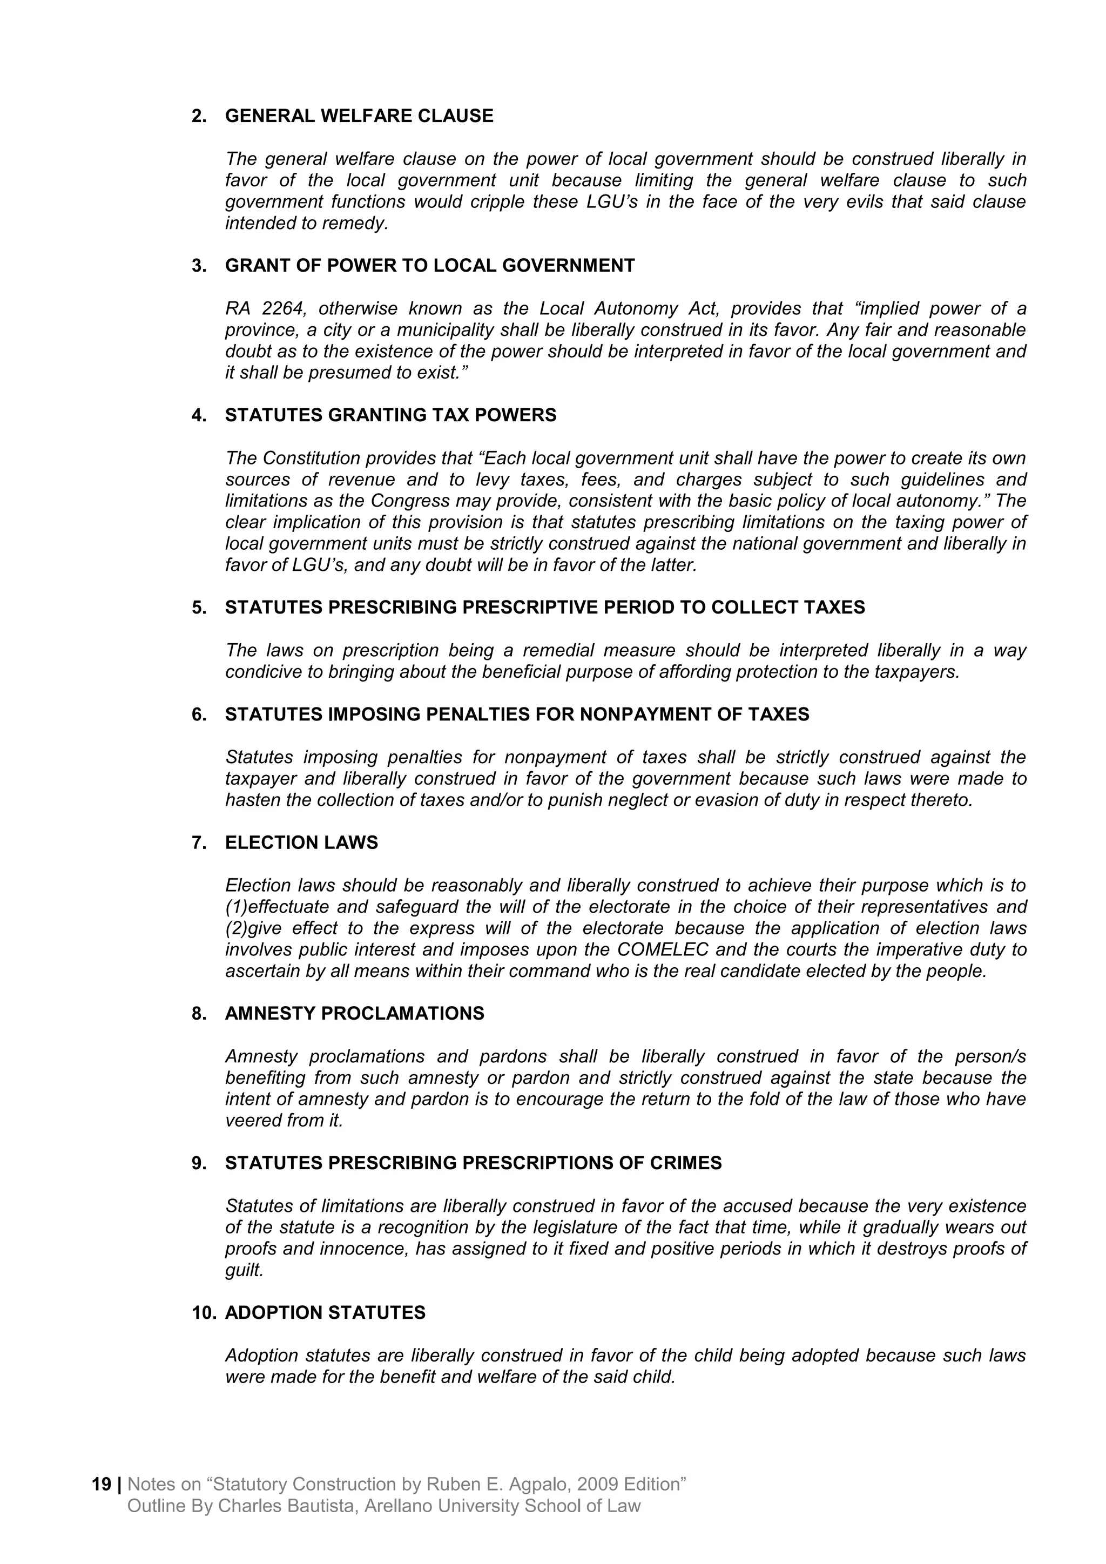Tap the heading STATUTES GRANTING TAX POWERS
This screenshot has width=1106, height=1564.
(390, 415)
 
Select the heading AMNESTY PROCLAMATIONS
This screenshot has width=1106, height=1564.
(354, 1014)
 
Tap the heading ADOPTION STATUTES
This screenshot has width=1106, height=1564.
(325, 1313)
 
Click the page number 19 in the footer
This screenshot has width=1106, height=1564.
(101, 1484)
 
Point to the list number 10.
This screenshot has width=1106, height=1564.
(203, 1313)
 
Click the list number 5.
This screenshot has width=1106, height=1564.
(198, 607)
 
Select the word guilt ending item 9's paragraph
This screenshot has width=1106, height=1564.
(243, 1270)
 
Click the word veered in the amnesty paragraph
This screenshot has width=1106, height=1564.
(248, 1121)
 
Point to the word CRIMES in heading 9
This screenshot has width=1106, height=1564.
(685, 1163)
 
